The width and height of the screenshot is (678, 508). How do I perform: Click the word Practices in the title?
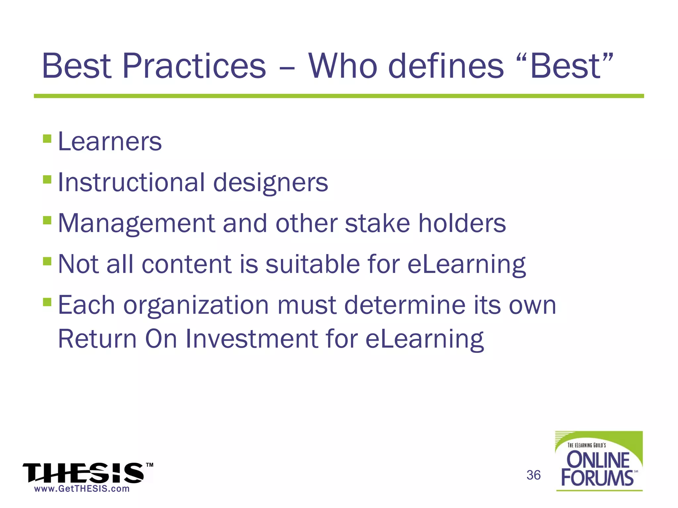click(194, 66)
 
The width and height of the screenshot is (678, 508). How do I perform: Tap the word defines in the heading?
click(446, 66)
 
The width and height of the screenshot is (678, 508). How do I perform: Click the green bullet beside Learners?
click(47, 138)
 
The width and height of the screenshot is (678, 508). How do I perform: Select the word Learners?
click(110, 142)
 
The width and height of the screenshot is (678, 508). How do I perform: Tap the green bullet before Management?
click(47, 220)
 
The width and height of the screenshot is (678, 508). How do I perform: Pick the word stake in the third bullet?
click(377, 223)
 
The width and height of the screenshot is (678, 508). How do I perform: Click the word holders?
click(462, 223)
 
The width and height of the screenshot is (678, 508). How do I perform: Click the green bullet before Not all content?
click(47, 261)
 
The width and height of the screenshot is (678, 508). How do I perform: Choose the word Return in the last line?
click(97, 339)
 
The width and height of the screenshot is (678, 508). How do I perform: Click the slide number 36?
click(533, 475)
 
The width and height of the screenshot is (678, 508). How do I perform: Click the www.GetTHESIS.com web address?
click(82, 489)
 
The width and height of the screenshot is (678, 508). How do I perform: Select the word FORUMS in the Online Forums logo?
click(597, 478)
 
